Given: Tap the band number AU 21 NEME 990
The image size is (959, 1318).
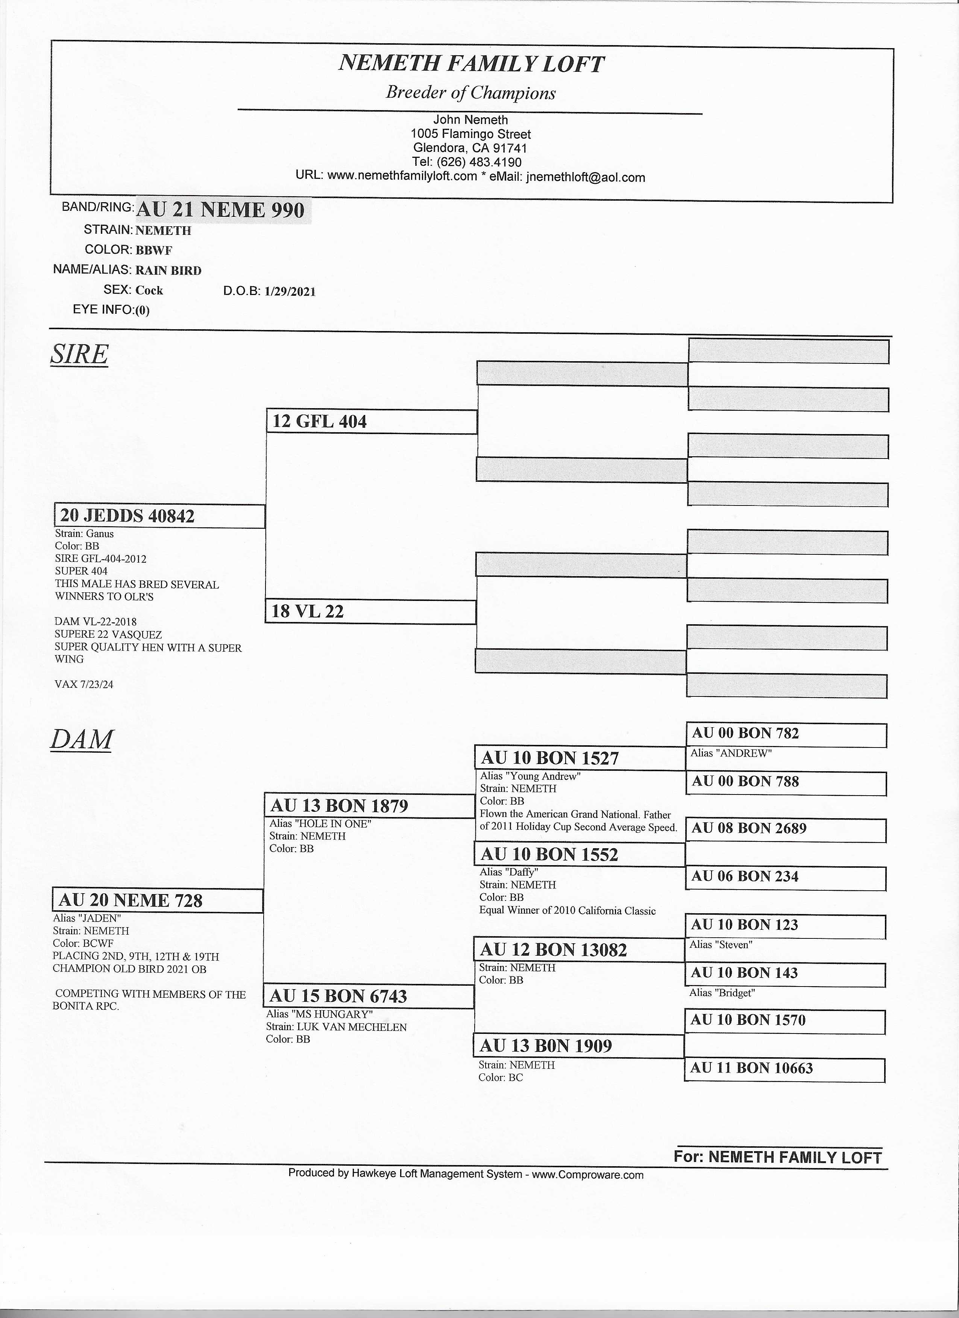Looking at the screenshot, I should pos(220,210).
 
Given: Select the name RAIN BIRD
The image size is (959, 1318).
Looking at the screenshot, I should pos(168,270).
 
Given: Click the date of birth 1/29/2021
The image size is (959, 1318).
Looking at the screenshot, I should pos(290,291).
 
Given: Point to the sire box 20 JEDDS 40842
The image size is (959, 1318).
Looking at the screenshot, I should pos(159,516).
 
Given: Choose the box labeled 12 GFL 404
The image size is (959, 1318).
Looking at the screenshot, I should pos(371,421).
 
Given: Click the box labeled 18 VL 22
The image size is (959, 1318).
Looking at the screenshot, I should pos(370,611).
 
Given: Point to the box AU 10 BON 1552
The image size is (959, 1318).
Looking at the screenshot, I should pos(579,854).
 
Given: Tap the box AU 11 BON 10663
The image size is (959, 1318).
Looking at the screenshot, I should pos(784,1068).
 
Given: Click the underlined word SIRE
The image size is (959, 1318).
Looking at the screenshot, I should pos(79,354).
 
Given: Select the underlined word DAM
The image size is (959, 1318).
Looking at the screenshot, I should pos(81,739).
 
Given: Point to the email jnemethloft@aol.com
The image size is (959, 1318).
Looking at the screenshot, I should pos(585,177).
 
